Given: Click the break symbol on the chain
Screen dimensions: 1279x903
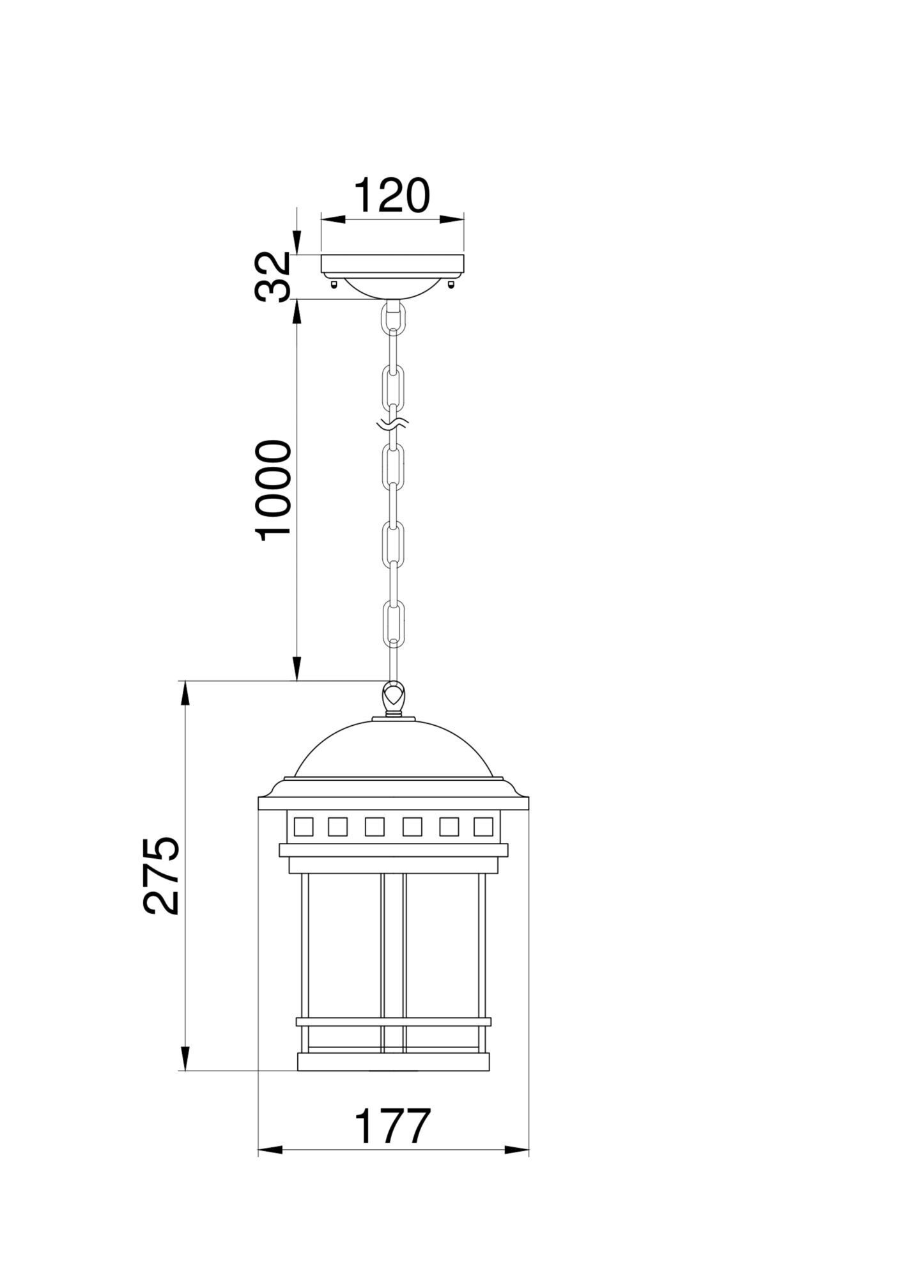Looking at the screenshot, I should pyautogui.click(x=392, y=423).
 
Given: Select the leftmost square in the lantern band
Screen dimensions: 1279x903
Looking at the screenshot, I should pyautogui.click(x=303, y=827).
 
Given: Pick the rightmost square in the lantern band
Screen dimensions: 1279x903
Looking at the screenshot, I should pyautogui.click(x=484, y=827).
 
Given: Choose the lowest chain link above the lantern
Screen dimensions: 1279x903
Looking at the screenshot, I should pyautogui.click(x=392, y=624).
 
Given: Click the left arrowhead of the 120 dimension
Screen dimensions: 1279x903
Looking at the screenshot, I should pyautogui.click(x=332, y=219).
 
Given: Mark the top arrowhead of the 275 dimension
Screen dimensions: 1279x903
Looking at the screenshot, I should pyautogui.click(x=185, y=694).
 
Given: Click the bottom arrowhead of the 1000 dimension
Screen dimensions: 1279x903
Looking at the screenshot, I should pyautogui.click(x=297, y=668).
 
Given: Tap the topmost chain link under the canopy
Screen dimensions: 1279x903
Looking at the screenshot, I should pyautogui.click(x=392, y=318).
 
